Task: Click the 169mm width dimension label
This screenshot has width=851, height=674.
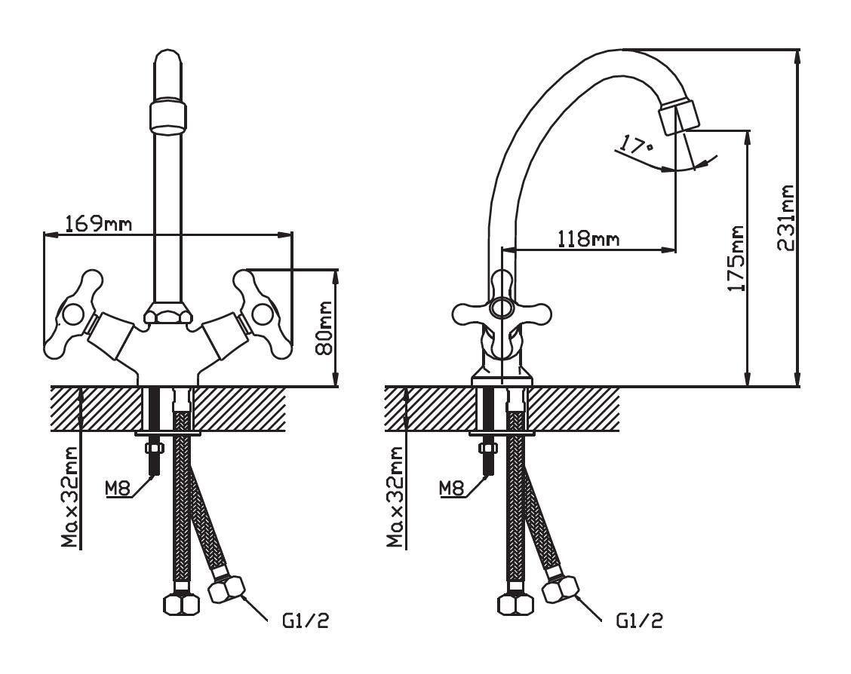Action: (98, 223)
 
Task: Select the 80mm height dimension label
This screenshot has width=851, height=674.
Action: (324, 328)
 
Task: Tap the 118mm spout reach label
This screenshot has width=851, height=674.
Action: (589, 237)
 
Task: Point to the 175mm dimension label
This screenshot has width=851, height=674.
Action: (735, 259)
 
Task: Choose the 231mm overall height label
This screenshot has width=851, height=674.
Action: (785, 217)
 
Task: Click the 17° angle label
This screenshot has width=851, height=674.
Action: (636, 145)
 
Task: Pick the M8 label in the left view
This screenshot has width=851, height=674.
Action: (118, 489)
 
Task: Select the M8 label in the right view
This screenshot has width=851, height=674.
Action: (452, 489)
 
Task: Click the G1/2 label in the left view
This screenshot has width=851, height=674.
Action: (306, 620)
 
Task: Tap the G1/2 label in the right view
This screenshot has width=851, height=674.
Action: (639, 620)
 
